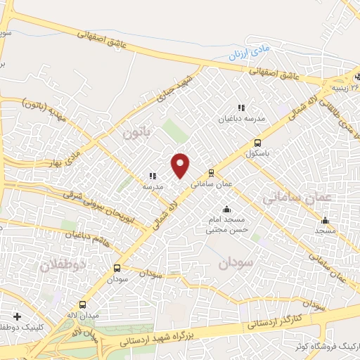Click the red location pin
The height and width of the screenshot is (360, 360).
point(181,165)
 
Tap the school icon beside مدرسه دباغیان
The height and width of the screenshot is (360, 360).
point(241,108)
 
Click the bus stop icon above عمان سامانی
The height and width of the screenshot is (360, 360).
point(211,172)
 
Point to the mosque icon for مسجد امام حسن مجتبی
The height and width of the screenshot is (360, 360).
point(226,209)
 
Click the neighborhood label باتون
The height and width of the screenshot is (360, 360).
point(137,131)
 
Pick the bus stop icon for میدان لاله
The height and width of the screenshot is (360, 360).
point(84,305)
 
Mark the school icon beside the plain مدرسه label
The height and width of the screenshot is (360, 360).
point(152,176)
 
